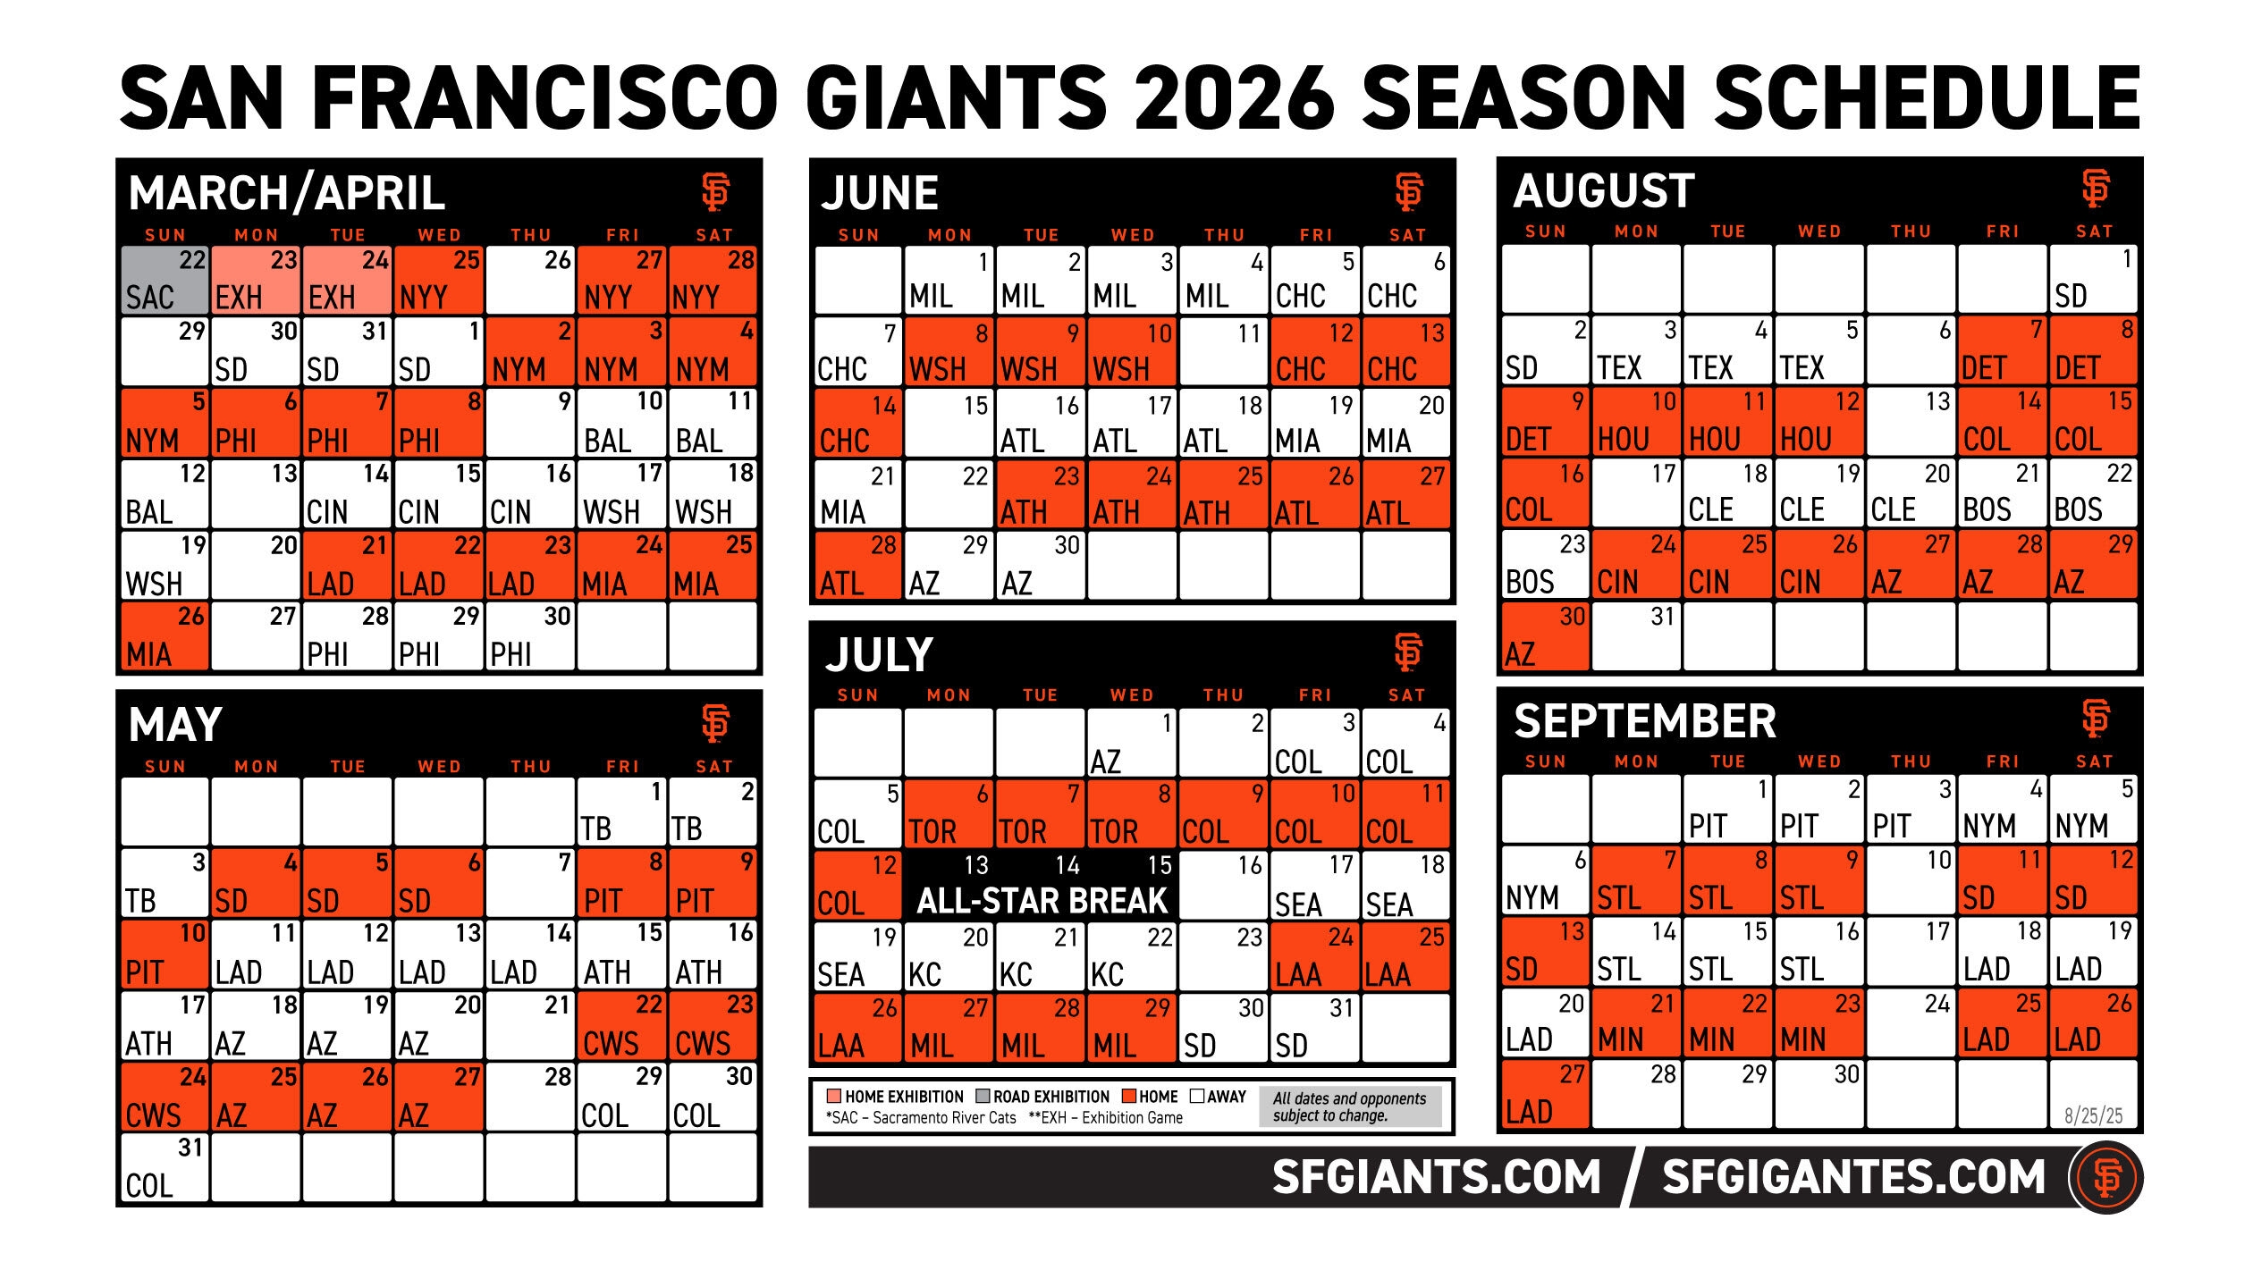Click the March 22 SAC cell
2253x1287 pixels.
pyautogui.click(x=165, y=280)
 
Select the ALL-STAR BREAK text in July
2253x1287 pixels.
pyautogui.click(x=1042, y=901)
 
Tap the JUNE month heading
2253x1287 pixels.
pyautogui.click(x=880, y=193)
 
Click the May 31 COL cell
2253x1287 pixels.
pyautogui.click(x=165, y=1167)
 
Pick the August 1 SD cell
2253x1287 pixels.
pyautogui.click(x=2093, y=278)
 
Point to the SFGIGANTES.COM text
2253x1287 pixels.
pyautogui.click(x=1853, y=1176)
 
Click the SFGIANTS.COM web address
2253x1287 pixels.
pyautogui.click(x=1436, y=1176)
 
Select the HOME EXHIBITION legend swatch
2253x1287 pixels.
pyautogui.click(x=834, y=1097)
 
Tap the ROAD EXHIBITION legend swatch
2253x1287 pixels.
pyautogui.click(x=983, y=1097)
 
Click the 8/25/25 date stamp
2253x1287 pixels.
pyautogui.click(x=2093, y=1115)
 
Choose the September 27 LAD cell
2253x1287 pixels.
pyautogui.click(x=1545, y=1094)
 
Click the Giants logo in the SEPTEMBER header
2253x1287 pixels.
pyautogui.click(x=2095, y=719)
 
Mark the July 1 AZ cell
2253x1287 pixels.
pyautogui.click(x=1132, y=743)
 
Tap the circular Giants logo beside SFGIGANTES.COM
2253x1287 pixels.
pyautogui.click(x=2106, y=1177)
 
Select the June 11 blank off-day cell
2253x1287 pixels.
pyautogui.click(x=1223, y=351)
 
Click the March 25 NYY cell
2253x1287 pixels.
pyautogui.click(x=439, y=280)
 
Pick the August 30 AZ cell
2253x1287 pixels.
pyautogui.click(x=1545, y=636)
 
